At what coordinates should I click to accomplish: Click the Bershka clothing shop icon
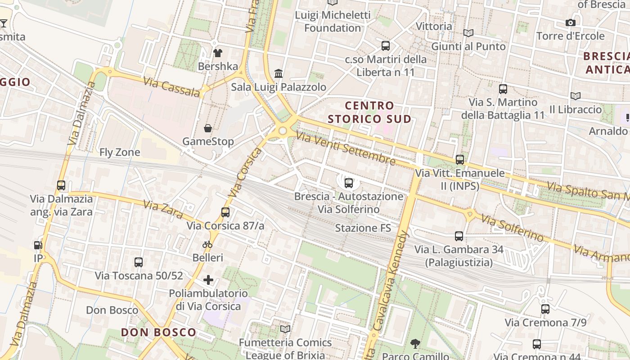click(x=218, y=53)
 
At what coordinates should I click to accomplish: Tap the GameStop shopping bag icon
click(x=208, y=129)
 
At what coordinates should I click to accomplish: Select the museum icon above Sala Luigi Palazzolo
click(x=279, y=73)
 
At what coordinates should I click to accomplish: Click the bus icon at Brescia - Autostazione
click(x=348, y=183)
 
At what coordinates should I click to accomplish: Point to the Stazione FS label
click(x=363, y=228)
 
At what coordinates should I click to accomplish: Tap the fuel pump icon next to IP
click(x=38, y=245)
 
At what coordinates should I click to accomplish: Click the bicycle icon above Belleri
click(x=207, y=245)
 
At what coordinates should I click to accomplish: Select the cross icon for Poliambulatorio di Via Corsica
click(x=208, y=280)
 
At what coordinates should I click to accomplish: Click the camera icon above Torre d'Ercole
click(x=570, y=22)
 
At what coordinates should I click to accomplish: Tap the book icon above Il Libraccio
click(x=575, y=96)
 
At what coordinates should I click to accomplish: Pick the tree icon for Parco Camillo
click(x=415, y=344)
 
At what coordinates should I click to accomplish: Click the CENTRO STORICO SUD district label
click(x=369, y=112)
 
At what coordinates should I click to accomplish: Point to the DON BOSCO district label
click(x=159, y=333)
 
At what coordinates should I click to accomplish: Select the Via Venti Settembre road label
click(x=346, y=149)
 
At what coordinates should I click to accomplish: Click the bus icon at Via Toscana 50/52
click(x=139, y=262)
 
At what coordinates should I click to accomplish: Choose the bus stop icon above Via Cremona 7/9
click(x=545, y=309)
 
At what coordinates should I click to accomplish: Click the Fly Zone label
click(x=120, y=152)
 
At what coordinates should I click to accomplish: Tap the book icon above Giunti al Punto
click(x=468, y=33)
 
